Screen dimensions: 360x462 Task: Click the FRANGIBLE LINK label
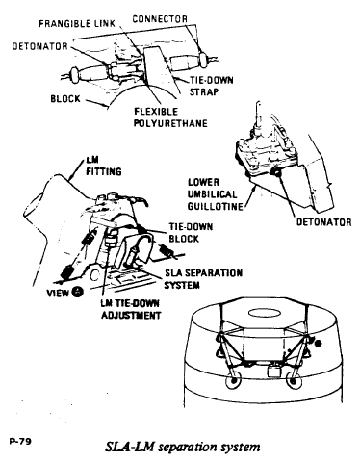pyautogui.click(x=77, y=24)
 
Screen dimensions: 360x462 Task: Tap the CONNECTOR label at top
pyautogui.click(x=160, y=19)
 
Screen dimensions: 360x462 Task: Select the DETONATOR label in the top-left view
pyautogui.click(x=40, y=46)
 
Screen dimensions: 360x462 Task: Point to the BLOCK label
pyautogui.click(x=65, y=98)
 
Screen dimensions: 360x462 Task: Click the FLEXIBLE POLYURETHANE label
pyautogui.click(x=170, y=117)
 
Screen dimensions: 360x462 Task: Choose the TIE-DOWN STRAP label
pyautogui.click(x=211, y=86)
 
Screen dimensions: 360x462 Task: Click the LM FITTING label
pyautogui.click(x=104, y=167)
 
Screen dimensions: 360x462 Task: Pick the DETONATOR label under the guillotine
pyautogui.click(x=323, y=222)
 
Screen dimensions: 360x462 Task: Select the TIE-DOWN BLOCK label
pyautogui.click(x=191, y=233)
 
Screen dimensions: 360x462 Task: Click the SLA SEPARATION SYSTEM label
pyautogui.click(x=203, y=279)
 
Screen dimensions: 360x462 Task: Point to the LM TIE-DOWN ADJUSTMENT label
pyautogui.click(x=131, y=309)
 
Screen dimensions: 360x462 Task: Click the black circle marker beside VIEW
pyautogui.click(x=78, y=292)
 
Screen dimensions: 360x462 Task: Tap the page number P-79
pyautogui.click(x=20, y=442)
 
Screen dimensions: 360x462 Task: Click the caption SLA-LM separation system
pyautogui.click(x=183, y=447)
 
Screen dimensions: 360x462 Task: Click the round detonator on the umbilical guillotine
pyautogui.click(x=275, y=172)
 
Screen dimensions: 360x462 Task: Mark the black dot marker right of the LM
pyautogui.click(x=318, y=344)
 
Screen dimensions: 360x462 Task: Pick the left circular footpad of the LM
pyautogui.click(x=234, y=380)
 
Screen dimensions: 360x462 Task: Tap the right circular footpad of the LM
pyautogui.click(x=294, y=381)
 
